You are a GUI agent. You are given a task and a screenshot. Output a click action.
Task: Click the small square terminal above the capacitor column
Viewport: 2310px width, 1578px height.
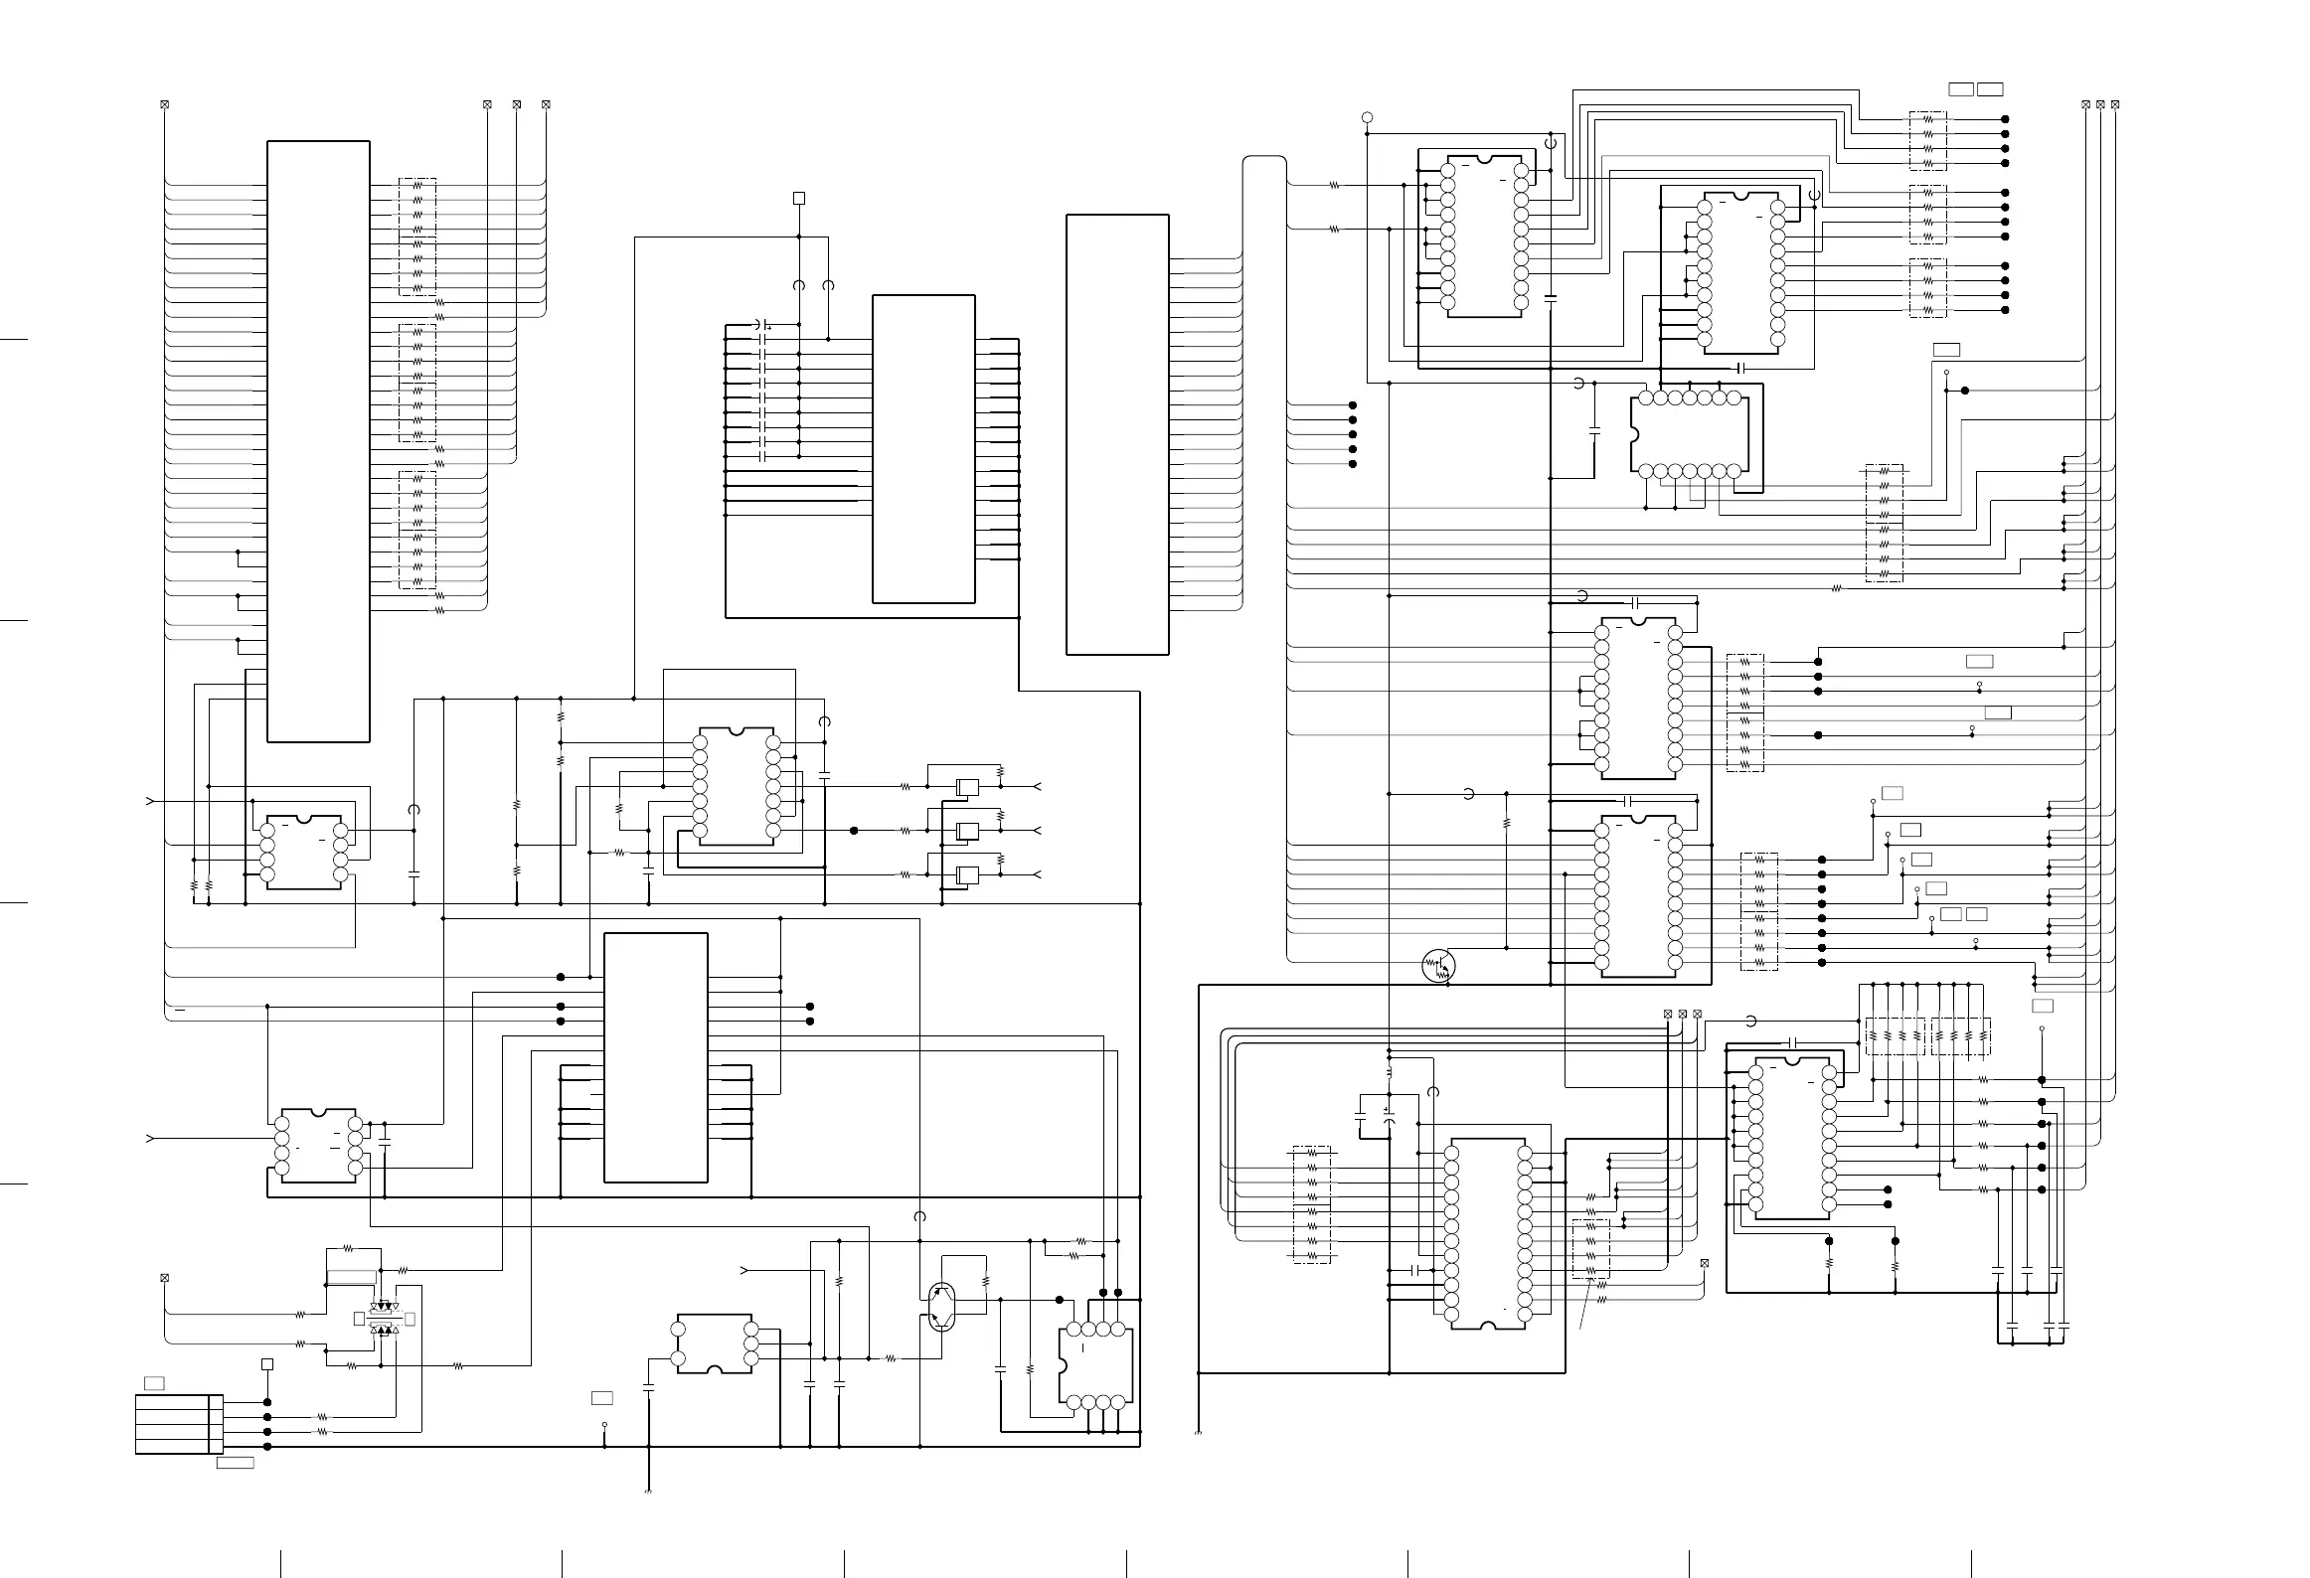[x=798, y=198]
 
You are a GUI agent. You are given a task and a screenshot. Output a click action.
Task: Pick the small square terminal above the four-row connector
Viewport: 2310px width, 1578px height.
[x=266, y=1364]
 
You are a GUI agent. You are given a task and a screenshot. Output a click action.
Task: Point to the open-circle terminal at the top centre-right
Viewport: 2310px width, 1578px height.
[x=1367, y=118]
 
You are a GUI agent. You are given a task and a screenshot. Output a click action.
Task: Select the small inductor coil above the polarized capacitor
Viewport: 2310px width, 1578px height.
[x=1389, y=1073]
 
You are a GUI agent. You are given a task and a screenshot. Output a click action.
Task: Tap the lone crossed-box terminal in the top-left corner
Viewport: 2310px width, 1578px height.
[x=165, y=104]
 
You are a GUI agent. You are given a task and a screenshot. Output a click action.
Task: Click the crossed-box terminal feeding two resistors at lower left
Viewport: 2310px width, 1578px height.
[x=165, y=1278]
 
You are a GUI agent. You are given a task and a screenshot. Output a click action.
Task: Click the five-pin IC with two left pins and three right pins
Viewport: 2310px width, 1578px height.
[x=715, y=1343]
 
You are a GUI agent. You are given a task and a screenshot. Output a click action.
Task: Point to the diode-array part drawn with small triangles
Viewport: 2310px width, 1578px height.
[x=384, y=1319]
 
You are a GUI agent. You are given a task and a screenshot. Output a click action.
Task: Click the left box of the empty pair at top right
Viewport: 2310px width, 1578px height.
[x=1960, y=89]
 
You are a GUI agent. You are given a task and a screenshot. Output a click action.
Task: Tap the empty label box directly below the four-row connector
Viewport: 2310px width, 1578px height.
[x=236, y=1462]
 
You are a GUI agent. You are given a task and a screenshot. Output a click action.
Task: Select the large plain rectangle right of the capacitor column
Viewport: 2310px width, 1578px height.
[x=923, y=448]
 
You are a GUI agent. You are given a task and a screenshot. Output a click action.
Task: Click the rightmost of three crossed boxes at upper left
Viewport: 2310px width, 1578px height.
[x=546, y=104]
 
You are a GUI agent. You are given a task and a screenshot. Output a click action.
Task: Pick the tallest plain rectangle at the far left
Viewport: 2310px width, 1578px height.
[x=318, y=441]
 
